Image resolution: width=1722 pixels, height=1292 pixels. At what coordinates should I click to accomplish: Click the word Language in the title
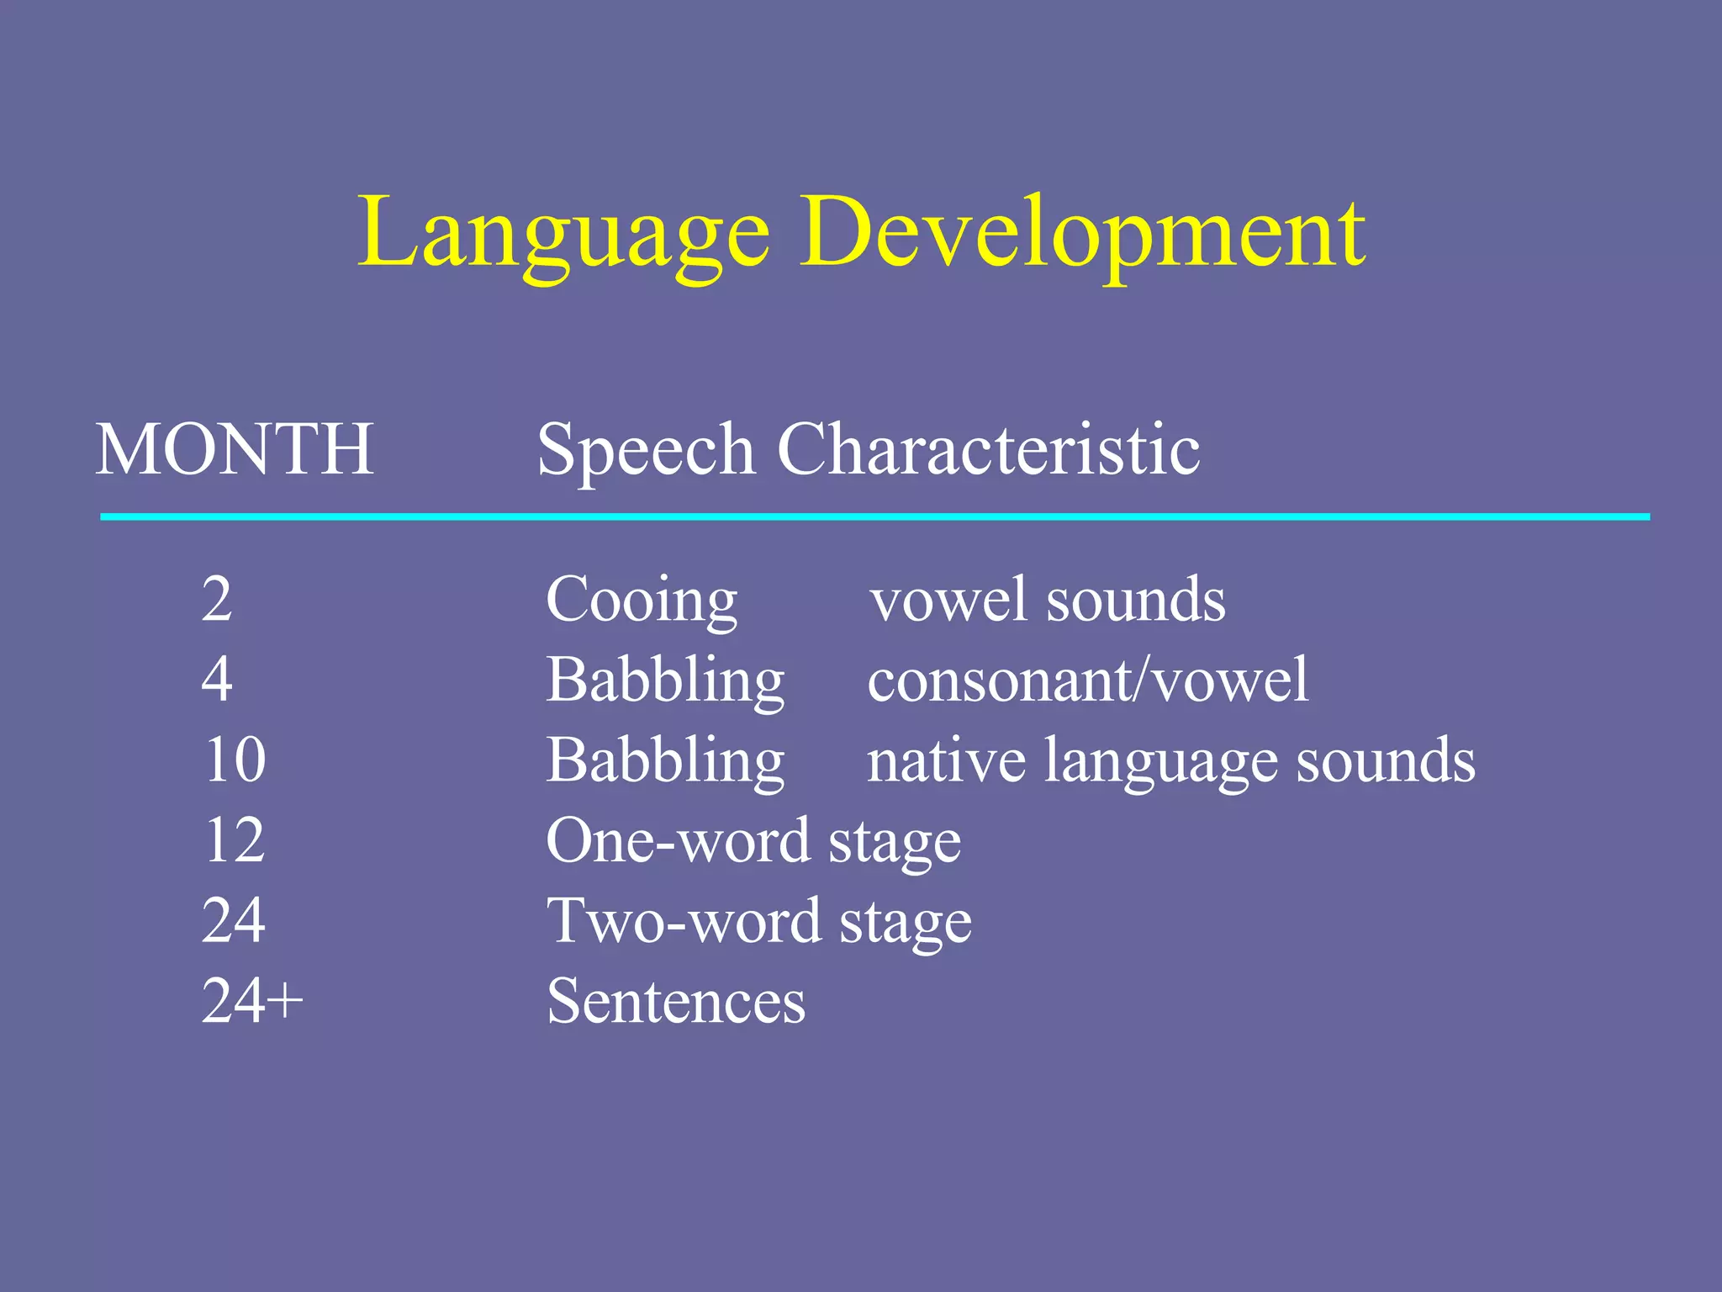click(x=563, y=234)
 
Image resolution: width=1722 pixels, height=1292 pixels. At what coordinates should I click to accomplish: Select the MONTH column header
click(x=235, y=449)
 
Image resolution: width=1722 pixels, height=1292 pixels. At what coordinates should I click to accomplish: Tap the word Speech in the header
click(x=645, y=452)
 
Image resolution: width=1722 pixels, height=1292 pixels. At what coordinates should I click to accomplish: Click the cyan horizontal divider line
click(x=874, y=516)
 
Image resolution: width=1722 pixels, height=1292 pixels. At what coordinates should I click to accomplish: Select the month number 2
click(x=217, y=599)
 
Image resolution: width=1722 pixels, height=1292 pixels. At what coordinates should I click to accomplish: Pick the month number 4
click(x=217, y=679)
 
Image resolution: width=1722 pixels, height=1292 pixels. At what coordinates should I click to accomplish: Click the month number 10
click(x=235, y=759)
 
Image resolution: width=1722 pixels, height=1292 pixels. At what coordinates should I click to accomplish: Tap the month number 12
click(x=235, y=839)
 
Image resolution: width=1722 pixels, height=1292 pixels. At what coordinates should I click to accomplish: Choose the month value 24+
click(x=252, y=1000)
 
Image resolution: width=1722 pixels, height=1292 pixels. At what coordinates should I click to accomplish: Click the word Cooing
click(x=642, y=601)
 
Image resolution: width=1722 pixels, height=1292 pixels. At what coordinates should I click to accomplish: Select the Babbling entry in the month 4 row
click(x=665, y=680)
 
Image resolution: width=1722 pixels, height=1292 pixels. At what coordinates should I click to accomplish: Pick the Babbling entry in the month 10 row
click(x=665, y=760)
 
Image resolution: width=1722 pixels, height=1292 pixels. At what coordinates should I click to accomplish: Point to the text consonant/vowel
click(x=1088, y=680)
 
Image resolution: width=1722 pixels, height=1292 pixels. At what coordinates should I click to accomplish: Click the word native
click(x=946, y=760)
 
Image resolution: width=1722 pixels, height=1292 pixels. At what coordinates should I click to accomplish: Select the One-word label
click(x=678, y=839)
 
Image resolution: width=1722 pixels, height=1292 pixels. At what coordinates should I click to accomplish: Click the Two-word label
click(x=684, y=920)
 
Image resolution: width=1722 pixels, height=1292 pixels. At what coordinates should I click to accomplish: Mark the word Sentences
click(x=676, y=1001)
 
